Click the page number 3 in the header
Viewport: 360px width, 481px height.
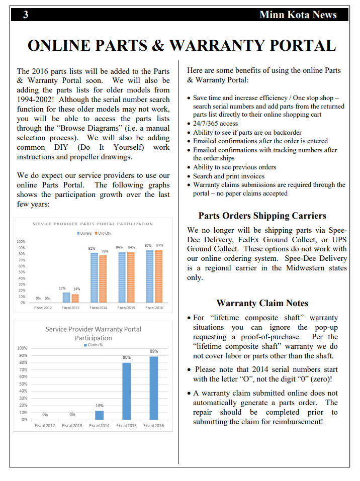pyautogui.click(x=25, y=15)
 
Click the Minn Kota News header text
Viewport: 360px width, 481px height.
pyautogui.click(x=298, y=15)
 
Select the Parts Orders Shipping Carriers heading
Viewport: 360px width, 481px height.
pyautogui.click(x=262, y=216)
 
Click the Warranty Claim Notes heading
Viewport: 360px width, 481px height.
pyautogui.click(x=262, y=303)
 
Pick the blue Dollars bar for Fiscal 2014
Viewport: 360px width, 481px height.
pyautogui.click(x=94, y=277)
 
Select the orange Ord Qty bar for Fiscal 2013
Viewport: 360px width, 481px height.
pyautogui.click(x=75, y=298)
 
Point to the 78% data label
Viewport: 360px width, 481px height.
pyautogui.click(x=105, y=251)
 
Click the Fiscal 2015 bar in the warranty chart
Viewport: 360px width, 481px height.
pyautogui.click(x=126, y=391)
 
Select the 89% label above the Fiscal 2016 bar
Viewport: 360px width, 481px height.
pyautogui.click(x=154, y=351)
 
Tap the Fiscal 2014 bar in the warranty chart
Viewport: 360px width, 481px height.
pyautogui.click(x=99, y=415)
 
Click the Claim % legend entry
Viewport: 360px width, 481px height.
pyautogui.click(x=93, y=344)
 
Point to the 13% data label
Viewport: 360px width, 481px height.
pyautogui.click(x=99, y=405)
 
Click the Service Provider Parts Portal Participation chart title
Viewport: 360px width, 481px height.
pyautogui.click(x=93, y=224)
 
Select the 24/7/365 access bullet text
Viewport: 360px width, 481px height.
pyautogui.click(x=215, y=124)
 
